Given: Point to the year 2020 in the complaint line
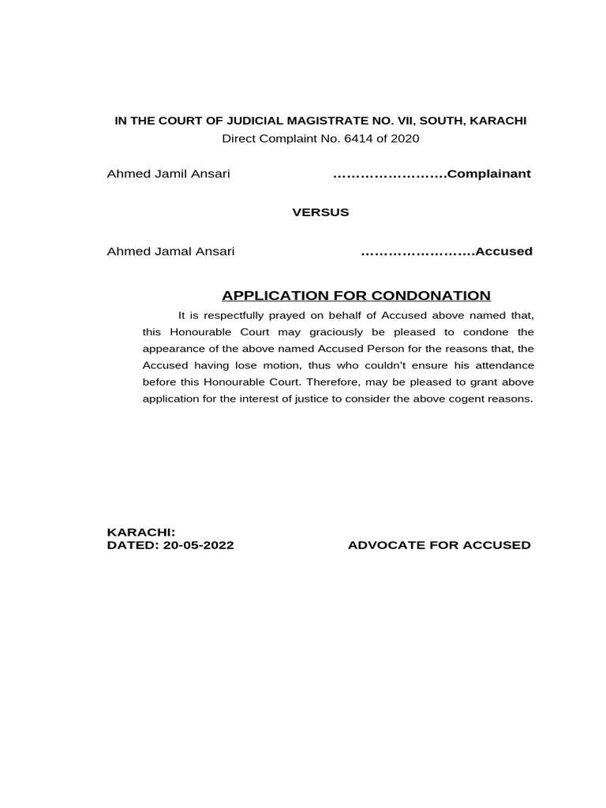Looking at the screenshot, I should pyautogui.click(x=405, y=139).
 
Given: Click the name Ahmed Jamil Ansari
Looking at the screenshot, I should pyautogui.click(x=168, y=174).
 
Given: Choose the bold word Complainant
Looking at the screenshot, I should pyautogui.click(x=488, y=174).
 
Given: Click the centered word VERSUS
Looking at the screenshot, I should pyautogui.click(x=320, y=212).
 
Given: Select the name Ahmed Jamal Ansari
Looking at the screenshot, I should pyautogui.click(x=170, y=252).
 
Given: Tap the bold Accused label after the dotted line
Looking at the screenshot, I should pyautogui.click(x=503, y=252).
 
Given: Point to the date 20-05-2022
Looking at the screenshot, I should pyautogui.click(x=197, y=545).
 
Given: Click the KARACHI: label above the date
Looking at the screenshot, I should pyautogui.click(x=140, y=533).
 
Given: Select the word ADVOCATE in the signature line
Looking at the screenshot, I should pyautogui.click(x=387, y=545).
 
